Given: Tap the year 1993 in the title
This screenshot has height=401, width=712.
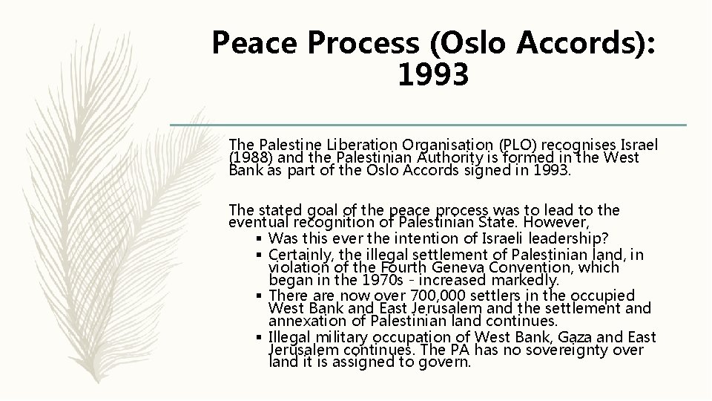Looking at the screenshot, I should [x=434, y=75].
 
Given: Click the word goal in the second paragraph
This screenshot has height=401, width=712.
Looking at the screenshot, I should [x=308, y=210].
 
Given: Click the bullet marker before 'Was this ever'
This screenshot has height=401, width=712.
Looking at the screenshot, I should [x=258, y=238].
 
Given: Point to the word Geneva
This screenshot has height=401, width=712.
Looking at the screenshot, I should [x=478, y=267].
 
